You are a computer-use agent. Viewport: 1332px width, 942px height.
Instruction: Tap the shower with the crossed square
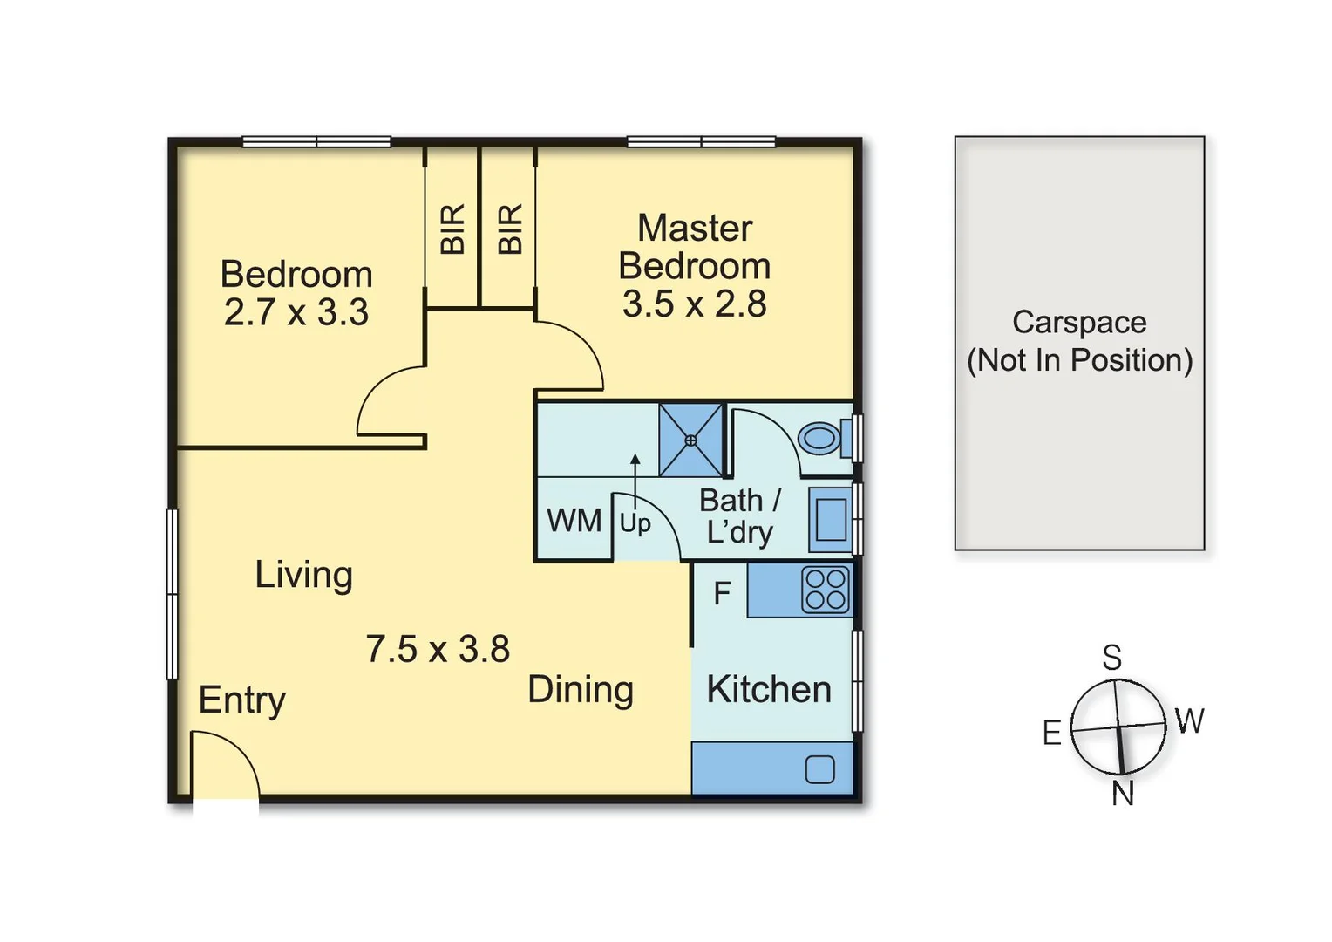(690, 440)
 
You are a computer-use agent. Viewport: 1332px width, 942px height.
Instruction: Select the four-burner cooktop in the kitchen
(826, 590)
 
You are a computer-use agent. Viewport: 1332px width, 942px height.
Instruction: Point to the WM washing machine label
(574, 521)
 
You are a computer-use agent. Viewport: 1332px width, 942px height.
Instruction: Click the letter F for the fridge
(722, 593)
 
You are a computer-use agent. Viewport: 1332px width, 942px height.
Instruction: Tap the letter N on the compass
(1123, 793)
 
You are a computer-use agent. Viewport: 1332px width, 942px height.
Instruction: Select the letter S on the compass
(1112, 658)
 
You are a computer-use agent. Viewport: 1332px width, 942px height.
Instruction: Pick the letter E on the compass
(1052, 733)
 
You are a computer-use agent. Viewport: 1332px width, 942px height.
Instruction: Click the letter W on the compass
(1189, 720)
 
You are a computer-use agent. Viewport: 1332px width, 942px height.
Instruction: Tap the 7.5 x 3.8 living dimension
(438, 649)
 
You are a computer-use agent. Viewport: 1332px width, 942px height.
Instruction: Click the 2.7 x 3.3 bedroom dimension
(296, 312)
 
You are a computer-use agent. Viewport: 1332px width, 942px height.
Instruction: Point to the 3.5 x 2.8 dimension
(694, 304)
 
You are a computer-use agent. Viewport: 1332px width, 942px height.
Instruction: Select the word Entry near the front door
(242, 701)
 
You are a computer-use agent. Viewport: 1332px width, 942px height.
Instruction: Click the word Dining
(581, 691)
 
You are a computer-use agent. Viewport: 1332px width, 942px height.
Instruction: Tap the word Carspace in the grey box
(1079, 323)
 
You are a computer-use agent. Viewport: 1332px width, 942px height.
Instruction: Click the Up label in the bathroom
(635, 524)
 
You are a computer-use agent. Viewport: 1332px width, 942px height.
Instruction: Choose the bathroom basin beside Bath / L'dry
(831, 520)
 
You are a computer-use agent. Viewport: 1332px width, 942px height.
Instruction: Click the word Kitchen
(769, 690)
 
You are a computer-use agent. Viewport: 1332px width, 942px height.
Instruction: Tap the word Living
(304, 576)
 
